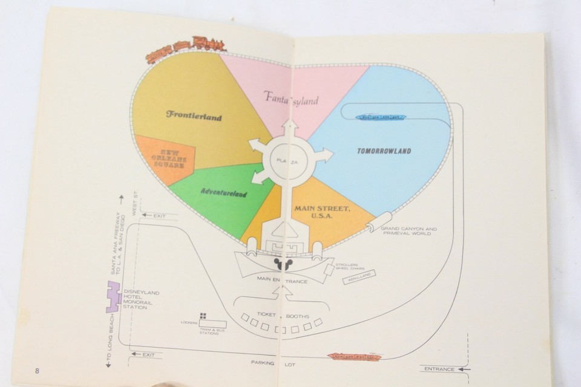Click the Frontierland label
(x=194, y=115)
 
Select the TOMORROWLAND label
(x=384, y=151)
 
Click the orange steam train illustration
(x=186, y=47)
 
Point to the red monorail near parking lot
(x=354, y=357)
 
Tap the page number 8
(x=38, y=369)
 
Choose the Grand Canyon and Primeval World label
(x=409, y=232)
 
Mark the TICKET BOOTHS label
(x=283, y=314)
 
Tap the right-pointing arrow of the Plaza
(x=323, y=155)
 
